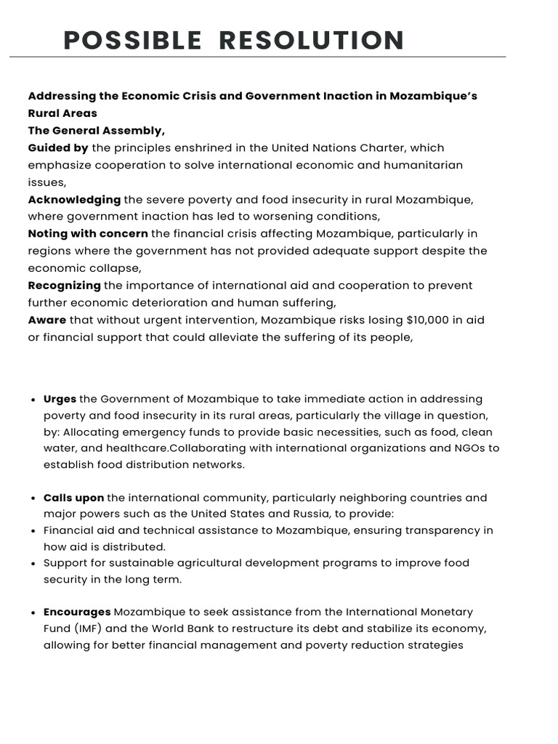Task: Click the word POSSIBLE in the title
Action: coord(132,41)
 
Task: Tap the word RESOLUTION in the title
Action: coord(312,41)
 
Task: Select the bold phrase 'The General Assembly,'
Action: coord(97,131)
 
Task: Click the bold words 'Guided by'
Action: coord(58,148)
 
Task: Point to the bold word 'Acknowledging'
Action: coord(74,200)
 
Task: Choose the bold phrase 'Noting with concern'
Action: coord(88,234)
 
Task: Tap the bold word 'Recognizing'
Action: coord(64,286)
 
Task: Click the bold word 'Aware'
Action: coord(46,320)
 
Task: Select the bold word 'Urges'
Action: coord(60,400)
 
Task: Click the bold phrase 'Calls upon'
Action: coord(73,498)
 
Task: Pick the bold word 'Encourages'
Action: coord(77,612)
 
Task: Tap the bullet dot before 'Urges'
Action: coord(34,400)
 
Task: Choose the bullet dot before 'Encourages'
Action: coord(34,613)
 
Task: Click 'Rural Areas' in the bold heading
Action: coord(62,113)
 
